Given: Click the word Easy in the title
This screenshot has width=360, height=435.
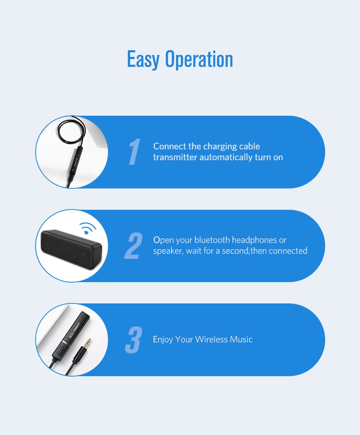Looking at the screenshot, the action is [143, 59].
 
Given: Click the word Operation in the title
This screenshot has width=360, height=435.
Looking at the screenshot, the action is [199, 59].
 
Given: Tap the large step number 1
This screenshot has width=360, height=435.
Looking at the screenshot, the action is [134, 152].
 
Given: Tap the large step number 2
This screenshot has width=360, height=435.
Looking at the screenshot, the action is [134, 246].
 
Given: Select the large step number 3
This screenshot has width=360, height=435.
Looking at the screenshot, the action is [134, 340].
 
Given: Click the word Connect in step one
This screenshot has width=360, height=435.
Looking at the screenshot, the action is [170, 146].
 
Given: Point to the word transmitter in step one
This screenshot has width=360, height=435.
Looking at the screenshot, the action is [175, 157].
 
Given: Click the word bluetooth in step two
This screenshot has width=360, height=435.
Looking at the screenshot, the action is [212, 240].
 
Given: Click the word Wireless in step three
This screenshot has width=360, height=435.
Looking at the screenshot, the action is [211, 339].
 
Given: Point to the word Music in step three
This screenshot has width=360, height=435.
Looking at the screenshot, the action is [241, 339].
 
